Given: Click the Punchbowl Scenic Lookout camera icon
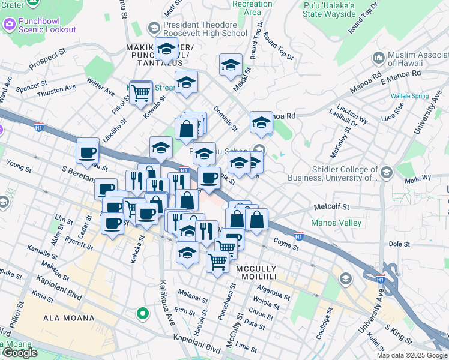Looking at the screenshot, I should click(x=9, y=25).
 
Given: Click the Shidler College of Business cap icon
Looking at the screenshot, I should click(x=387, y=173).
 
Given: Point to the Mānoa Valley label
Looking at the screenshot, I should click(x=336, y=223).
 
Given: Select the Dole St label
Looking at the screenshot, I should click(x=399, y=244).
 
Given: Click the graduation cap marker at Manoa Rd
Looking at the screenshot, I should click(x=261, y=123).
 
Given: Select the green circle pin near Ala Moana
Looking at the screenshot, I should click(x=142, y=313).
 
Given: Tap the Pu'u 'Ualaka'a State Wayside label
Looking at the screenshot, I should click(x=328, y=8).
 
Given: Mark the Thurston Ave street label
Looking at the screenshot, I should click(x=56, y=91).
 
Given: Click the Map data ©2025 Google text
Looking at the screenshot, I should click(x=411, y=355).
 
